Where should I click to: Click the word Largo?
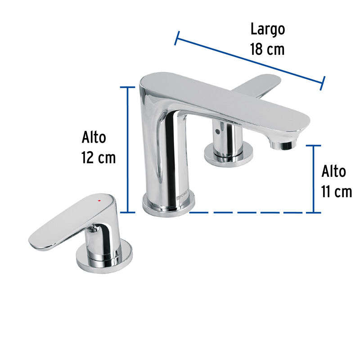[x=268, y=30]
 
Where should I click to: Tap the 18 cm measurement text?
[x=268, y=49]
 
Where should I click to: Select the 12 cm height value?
[x=99, y=158]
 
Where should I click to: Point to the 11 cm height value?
[x=337, y=192]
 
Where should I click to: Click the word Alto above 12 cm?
[x=94, y=137]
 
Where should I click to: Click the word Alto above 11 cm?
[x=334, y=171]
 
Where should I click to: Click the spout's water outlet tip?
[x=281, y=144]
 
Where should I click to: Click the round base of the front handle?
[x=104, y=256]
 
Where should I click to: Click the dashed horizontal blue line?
[x=252, y=212]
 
